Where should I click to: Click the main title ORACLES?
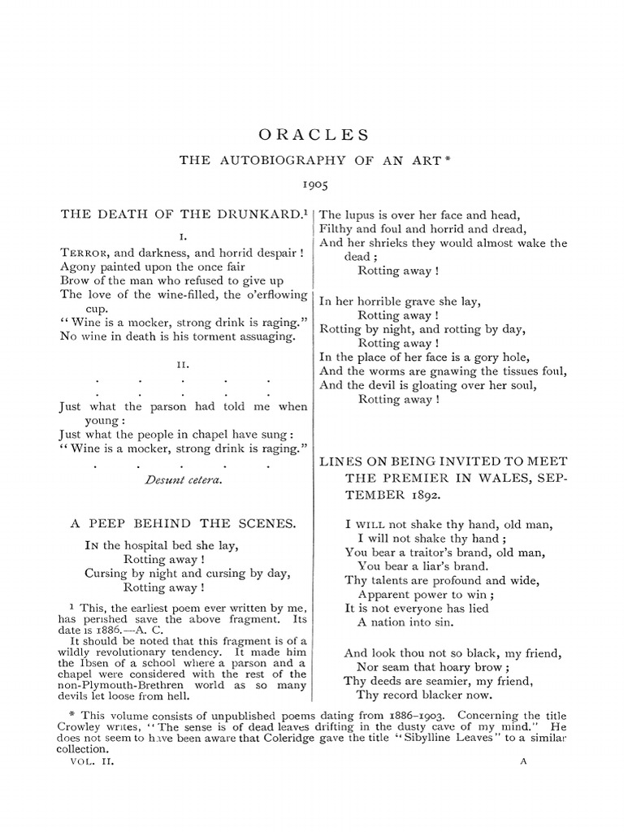click(x=313, y=134)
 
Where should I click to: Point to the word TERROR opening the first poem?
click(x=84, y=252)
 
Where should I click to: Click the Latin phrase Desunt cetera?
click(x=183, y=479)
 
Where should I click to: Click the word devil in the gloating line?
click(x=388, y=385)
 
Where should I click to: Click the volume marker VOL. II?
click(x=85, y=763)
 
